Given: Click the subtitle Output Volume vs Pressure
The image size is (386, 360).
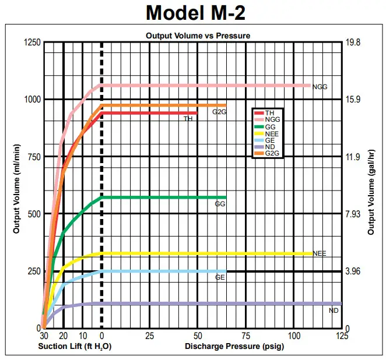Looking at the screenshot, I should pos(198,36).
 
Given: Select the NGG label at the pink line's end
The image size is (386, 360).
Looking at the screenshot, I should pos(320,87).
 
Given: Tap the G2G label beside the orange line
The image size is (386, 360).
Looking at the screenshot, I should pos(219,111).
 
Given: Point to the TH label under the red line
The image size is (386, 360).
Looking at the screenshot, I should pos(188,119).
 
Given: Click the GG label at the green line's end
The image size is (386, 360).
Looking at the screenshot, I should pos(220,204).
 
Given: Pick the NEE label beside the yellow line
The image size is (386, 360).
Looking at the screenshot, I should pos(319,254).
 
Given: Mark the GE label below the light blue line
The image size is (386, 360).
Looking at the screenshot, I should pos(220,278).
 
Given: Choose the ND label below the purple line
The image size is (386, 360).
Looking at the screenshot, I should pos(334,311).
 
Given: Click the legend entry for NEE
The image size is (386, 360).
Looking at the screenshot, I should pos(272,133).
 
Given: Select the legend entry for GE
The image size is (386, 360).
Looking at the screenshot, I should pos(270,140).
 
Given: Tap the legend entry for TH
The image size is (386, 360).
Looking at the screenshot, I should pos(269,112).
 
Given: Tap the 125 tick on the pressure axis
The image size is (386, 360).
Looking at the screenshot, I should pos(342,336).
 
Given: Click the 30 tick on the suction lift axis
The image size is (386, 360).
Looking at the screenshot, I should pos(44,336).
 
